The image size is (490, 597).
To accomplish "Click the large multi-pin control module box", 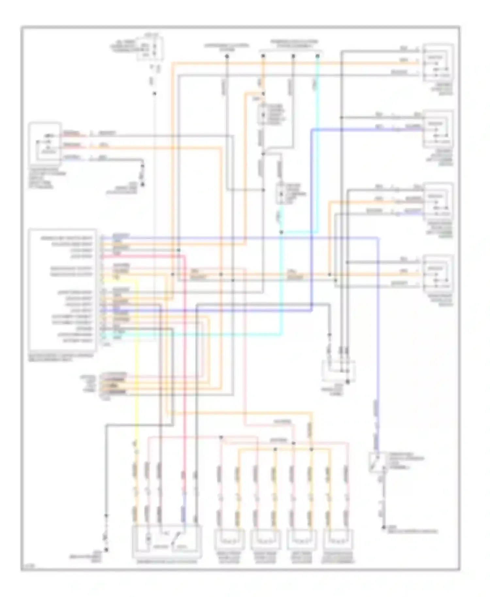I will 62,289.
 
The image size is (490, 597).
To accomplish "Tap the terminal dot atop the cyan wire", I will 317,56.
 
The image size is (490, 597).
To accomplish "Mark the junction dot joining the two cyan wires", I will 281,232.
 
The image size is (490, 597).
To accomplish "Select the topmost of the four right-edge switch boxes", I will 438,63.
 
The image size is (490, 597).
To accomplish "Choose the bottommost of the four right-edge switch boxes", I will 438,274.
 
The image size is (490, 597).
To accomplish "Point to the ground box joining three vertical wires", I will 338,371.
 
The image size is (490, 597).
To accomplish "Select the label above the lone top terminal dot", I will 226,47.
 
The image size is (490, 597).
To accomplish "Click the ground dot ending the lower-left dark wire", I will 106,550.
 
